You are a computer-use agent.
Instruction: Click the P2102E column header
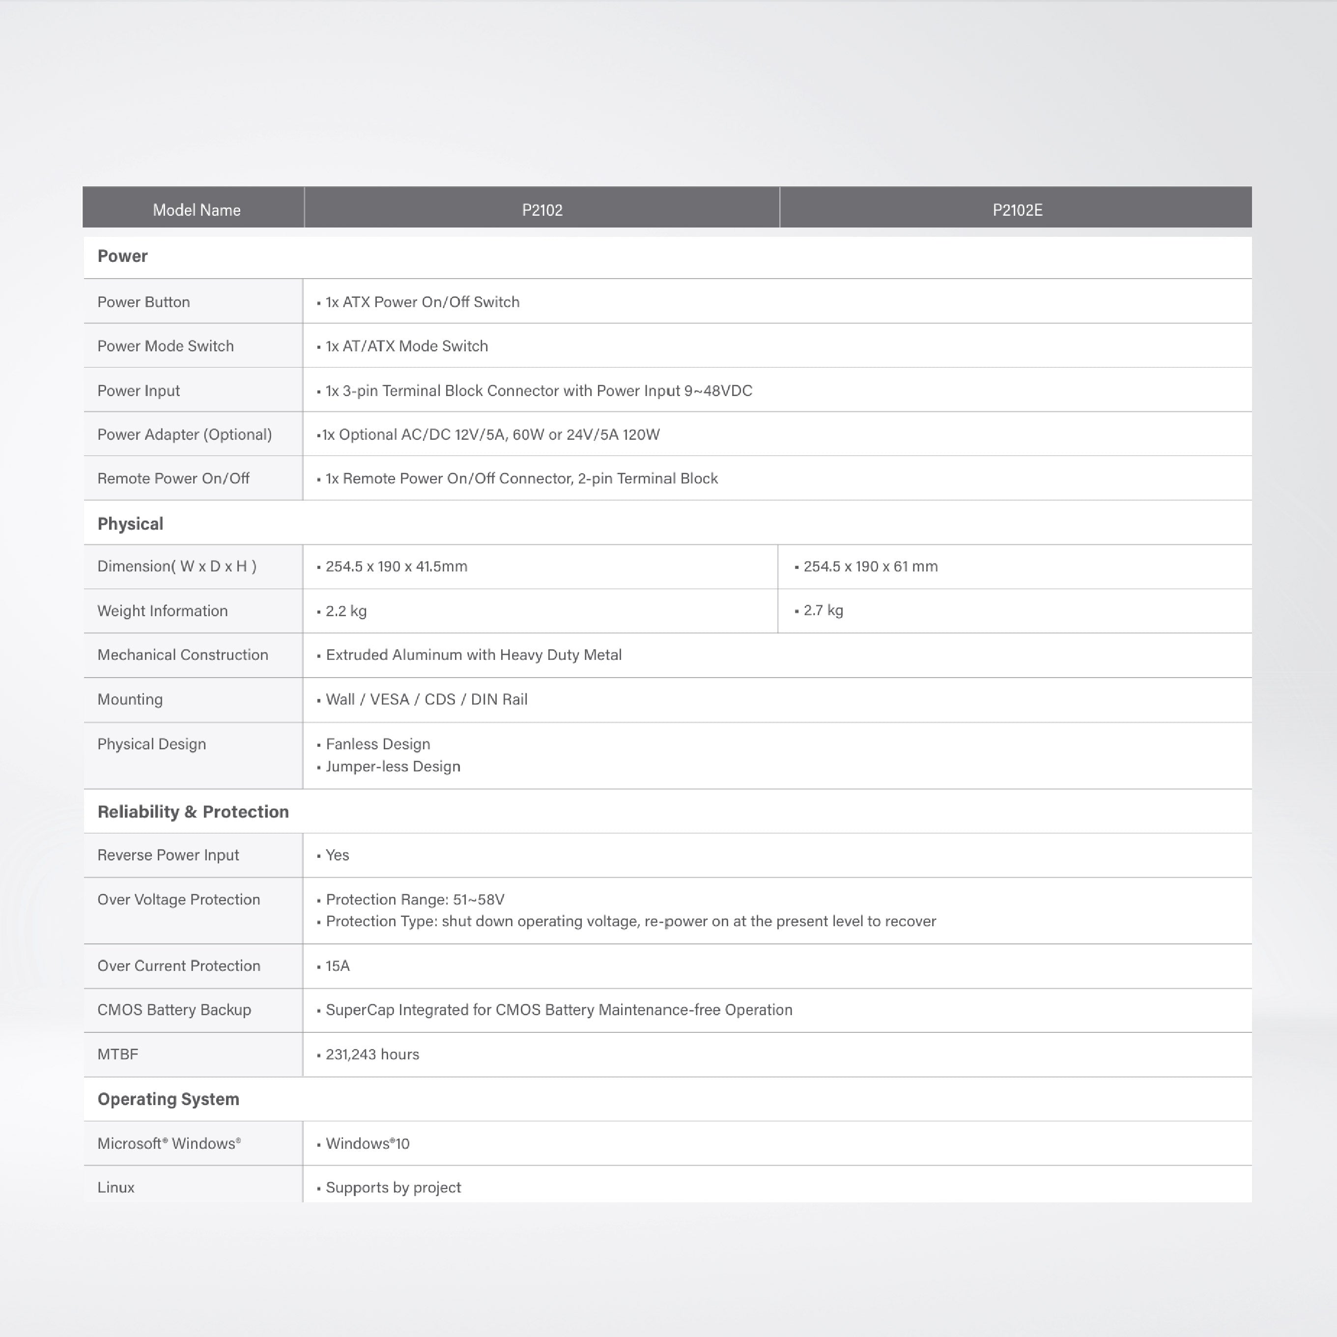pyautogui.click(x=1017, y=210)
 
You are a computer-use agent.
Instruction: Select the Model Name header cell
pyautogui.click(x=197, y=210)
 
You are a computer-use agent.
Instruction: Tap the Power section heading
pyautogui.click(x=122, y=256)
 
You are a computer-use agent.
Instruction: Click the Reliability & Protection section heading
pyautogui.click(x=193, y=812)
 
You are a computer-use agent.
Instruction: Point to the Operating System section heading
pyautogui.click(x=168, y=1099)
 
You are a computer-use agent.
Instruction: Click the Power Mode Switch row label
pyautogui.click(x=166, y=346)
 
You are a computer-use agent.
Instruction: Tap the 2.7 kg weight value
pyautogui.click(x=823, y=610)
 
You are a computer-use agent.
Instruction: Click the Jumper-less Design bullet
pyautogui.click(x=393, y=766)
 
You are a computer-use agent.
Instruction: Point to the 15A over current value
pyautogui.click(x=338, y=966)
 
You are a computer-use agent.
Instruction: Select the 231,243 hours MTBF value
pyautogui.click(x=372, y=1054)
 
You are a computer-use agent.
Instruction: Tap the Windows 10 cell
pyautogui.click(x=368, y=1143)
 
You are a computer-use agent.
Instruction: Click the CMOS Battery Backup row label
pyautogui.click(x=174, y=1010)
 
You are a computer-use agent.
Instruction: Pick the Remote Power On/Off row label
pyautogui.click(x=173, y=478)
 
